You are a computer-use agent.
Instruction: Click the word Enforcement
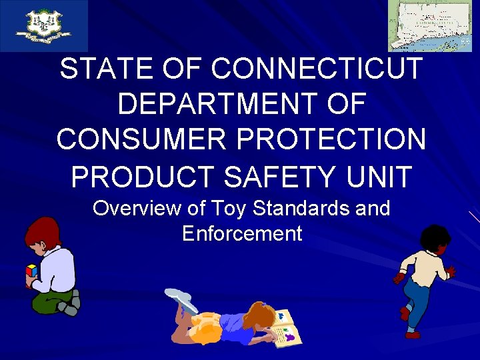pos(241,234)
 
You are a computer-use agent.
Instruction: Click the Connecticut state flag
pos(44,26)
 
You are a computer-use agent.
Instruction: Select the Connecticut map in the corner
pos(430,25)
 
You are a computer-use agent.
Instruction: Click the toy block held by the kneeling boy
pos(31,271)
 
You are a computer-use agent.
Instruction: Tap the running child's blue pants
pos(416,300)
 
